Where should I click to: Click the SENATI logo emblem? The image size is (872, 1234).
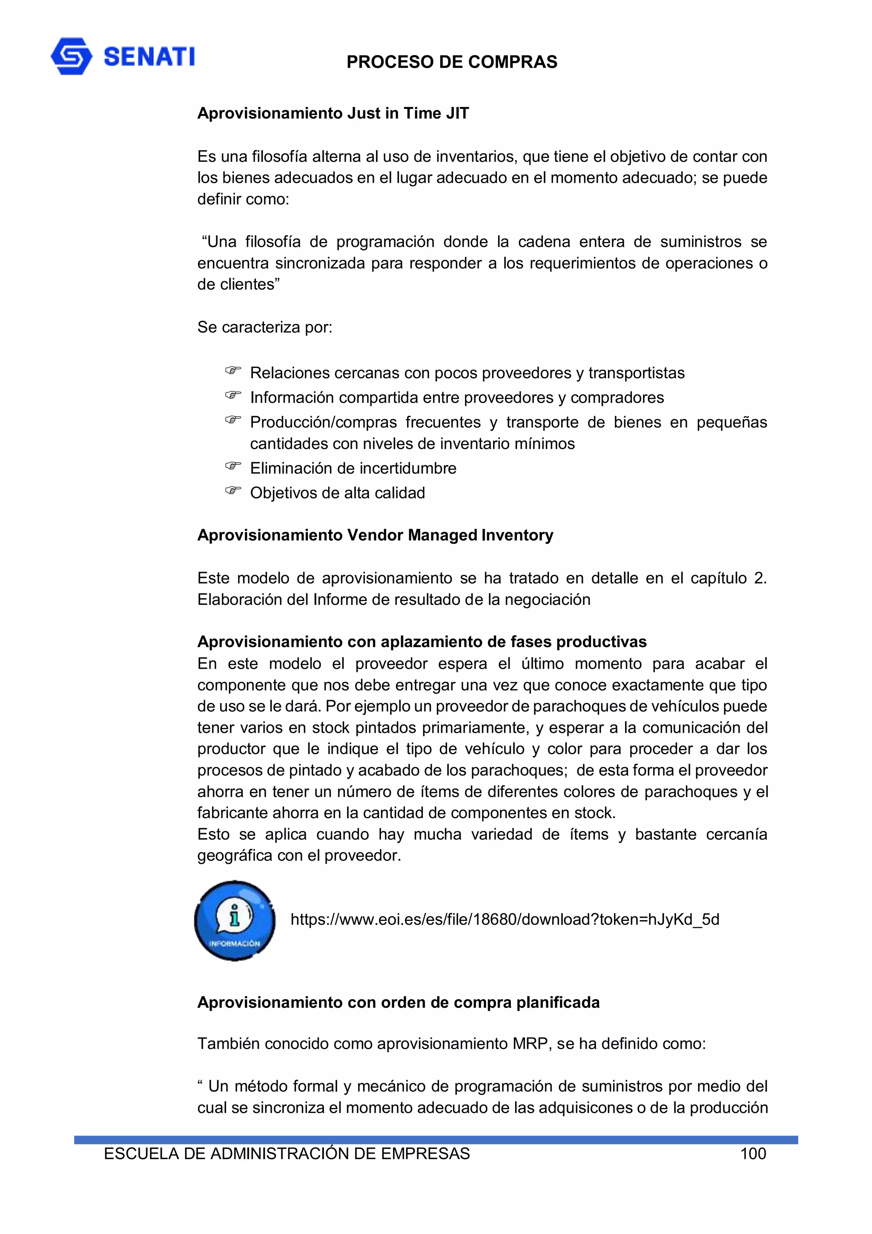pos(71,56)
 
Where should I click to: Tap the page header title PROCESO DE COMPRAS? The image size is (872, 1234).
pos(451,62)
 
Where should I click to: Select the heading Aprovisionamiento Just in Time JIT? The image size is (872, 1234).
pos(333,113)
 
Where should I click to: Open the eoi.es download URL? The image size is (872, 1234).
pos(505,920)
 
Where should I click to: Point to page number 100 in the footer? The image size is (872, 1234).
pos(753,1153)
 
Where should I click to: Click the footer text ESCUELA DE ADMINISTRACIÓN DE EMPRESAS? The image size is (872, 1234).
pos(287,1153)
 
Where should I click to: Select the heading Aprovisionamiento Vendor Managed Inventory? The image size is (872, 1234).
pos(375,535)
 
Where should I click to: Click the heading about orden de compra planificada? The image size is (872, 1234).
pos(398,1002)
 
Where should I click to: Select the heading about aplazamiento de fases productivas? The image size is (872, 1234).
pos(422,642)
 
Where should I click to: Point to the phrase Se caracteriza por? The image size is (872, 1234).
pos(265,327)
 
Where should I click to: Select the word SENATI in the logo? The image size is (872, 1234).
pos(149,56)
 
